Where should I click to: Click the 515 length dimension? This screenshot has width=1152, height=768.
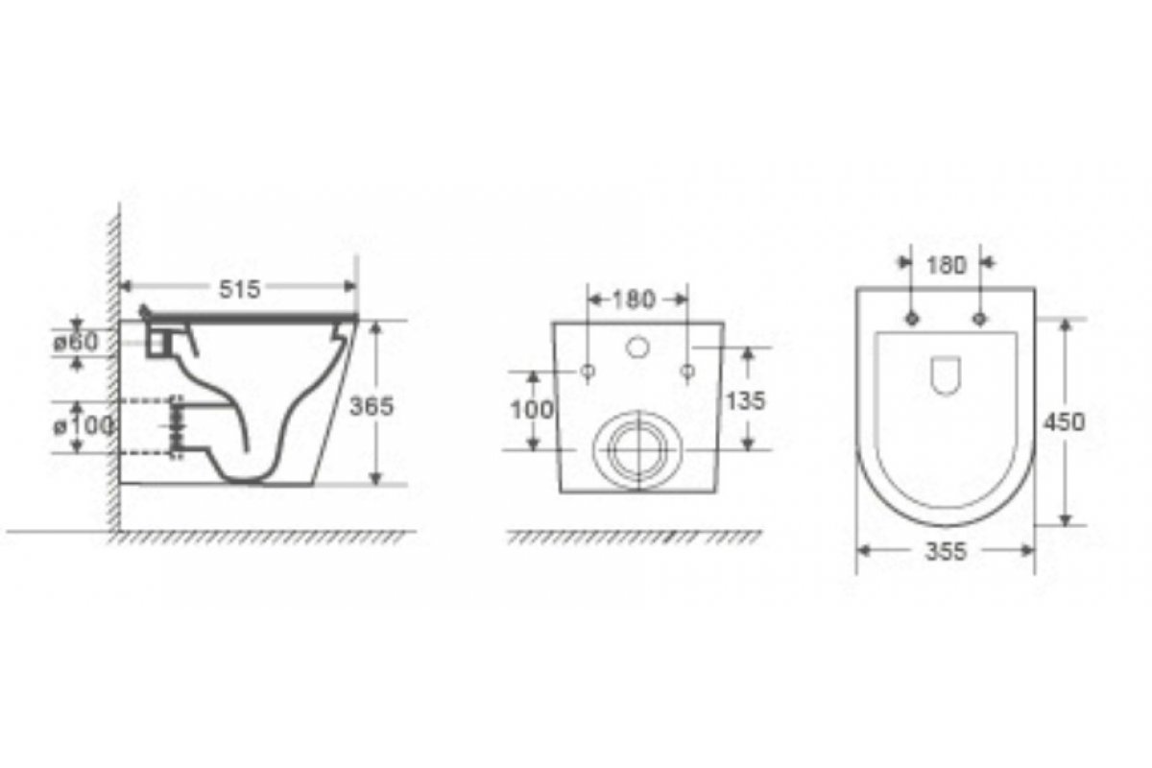click(240, 289)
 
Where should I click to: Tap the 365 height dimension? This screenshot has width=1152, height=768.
click(372, 406)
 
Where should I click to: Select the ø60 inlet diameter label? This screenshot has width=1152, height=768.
click(76, 342)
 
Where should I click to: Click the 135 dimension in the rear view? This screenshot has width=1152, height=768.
click(745, 400)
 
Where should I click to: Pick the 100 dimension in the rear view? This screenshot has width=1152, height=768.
click(532, 410)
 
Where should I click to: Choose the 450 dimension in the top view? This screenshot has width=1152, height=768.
click(1064, 421)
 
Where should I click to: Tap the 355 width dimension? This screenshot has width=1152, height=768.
click(946, 551)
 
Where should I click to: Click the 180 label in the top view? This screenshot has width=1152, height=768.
click(947, 265)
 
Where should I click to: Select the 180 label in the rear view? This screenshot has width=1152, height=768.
click(635, 300)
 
